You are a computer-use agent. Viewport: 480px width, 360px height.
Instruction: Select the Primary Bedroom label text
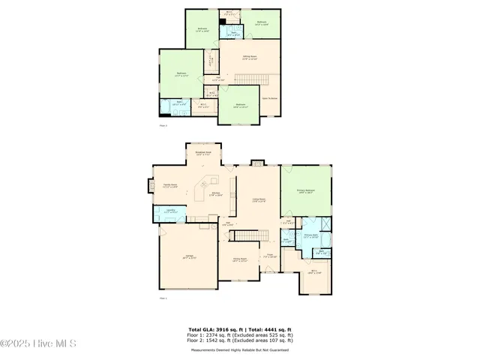pos(305,191)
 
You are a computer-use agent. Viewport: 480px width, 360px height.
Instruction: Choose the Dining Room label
pos(240,260)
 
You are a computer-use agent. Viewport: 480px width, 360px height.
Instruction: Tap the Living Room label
pos(259,200)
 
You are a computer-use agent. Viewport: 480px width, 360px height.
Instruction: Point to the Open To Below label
pos(270,97)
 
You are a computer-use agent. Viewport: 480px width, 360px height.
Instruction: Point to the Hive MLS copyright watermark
pos(40,344)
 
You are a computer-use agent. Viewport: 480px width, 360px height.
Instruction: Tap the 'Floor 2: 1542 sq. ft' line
pos(240,341)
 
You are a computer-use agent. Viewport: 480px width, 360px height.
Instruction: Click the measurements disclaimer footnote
pos(240,349)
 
